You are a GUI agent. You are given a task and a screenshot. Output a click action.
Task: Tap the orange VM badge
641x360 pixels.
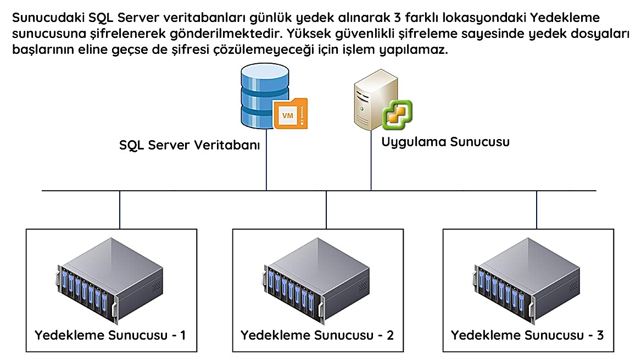click(289, 114)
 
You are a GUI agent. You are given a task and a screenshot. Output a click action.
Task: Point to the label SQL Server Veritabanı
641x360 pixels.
click(189, 146)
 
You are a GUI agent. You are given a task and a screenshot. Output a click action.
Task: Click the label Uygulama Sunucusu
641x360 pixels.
click(445, 142)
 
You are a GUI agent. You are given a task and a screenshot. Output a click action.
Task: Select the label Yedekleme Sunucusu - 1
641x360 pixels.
click(110, 335)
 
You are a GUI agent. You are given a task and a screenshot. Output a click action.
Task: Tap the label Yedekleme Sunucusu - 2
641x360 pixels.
click(317, 335)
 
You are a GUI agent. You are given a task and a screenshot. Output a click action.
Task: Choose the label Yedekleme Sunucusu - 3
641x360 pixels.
click(527, 335)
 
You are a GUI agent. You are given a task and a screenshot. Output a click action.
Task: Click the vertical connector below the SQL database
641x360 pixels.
click(267, 165)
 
